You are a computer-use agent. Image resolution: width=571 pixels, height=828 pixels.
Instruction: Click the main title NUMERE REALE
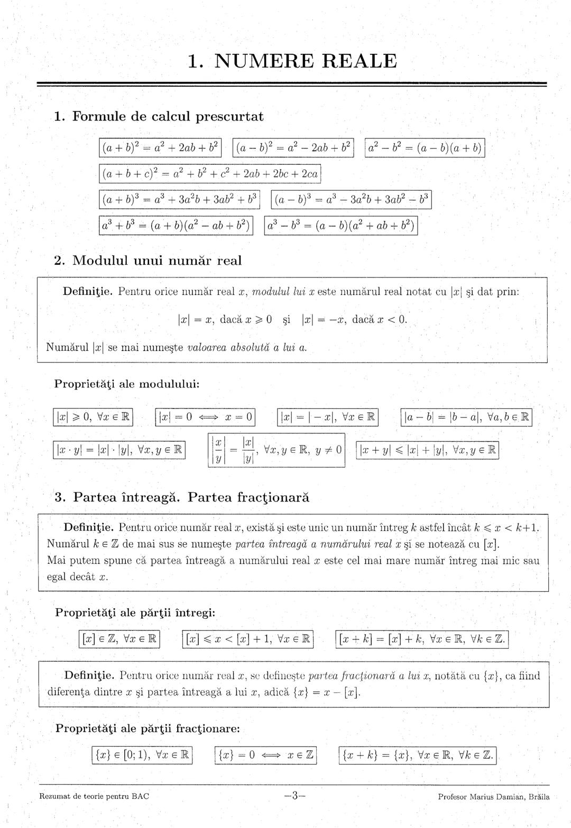pyautogui.click(x=292, y=61)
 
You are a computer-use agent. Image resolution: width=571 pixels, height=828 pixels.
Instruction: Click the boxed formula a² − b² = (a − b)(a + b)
pyautogui.click(x=425, y=147)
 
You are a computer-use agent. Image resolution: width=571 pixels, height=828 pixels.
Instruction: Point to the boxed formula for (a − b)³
pyautogui.click(x=351, y=200)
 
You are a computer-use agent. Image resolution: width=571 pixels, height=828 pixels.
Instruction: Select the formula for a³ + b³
pyautogui.click(x=177, y=226)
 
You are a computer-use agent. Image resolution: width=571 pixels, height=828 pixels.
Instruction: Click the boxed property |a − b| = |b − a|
pyautogui.click(x=466, y=417)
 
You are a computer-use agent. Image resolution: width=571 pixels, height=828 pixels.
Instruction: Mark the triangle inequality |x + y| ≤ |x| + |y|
pyautogui.click(x=428, y=450)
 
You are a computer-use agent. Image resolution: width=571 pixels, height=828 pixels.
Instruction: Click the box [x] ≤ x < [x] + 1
pyautogui.click(x=248, y=639)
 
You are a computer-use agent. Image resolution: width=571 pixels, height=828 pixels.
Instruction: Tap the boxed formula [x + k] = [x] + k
pyautogui.click(x=422, y=639)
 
